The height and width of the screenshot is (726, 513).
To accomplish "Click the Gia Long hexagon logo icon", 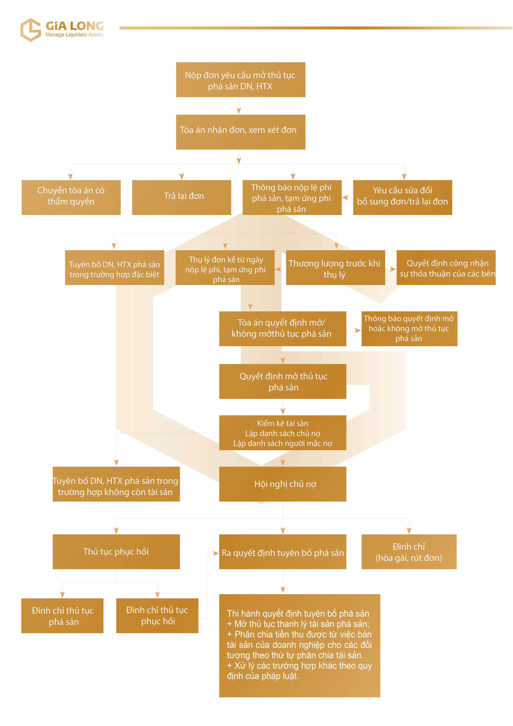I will (x=31, y=30).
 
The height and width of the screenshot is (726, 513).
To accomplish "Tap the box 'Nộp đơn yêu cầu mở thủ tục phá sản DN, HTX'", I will (x=241, y=80).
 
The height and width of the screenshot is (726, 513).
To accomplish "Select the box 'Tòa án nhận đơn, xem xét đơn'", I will (x=241, y=132).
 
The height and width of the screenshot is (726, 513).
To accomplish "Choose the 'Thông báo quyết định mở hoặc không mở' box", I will (x=409, y=329).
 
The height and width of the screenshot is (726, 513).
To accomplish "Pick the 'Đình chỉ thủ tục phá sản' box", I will (x=62, y=615).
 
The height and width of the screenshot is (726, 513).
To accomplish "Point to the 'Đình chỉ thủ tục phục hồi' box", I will (x=157, y=615).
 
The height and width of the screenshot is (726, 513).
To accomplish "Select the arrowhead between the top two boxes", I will (x=239, y=110).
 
